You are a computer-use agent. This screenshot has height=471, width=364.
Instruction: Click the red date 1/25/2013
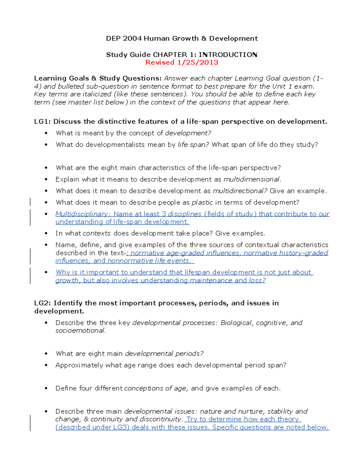tap(197, 62)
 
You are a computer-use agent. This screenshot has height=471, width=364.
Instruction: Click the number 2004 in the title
tap(132, 39)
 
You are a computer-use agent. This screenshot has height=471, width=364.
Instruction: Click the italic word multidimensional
tap(251, 179)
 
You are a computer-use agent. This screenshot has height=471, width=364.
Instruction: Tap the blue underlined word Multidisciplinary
tap(81, 214)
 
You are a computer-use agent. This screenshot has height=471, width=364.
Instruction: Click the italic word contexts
tap(96, 233)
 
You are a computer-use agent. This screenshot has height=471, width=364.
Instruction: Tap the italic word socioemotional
tap(80, 331)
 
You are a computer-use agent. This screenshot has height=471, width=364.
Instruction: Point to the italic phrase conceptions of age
tap(156, 388)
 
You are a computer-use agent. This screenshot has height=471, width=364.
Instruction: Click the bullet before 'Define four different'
tap(46, 388)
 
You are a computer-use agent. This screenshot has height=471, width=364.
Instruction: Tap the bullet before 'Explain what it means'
tap(46, 179)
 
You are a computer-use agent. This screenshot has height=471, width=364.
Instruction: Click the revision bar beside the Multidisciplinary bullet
tap(30, 217)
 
